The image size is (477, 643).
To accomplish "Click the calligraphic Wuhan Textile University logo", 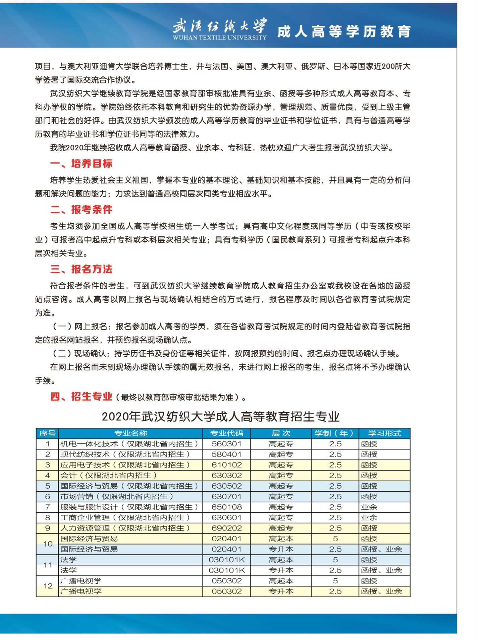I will coord(220,28).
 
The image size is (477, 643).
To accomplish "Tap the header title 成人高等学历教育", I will coord(344,31).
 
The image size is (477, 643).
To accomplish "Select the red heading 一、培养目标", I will coord(81,163).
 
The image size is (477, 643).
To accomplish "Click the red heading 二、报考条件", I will coord(81,210).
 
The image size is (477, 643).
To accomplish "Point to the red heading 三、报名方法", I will coord(81,269).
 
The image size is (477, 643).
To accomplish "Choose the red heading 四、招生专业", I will coord(81,397).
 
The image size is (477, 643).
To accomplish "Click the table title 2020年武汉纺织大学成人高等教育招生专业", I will coord(220,417).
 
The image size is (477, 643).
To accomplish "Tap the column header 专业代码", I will coord(226,433).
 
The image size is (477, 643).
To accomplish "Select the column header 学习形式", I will coord(384,433).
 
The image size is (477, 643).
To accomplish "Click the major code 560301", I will coord(226,444).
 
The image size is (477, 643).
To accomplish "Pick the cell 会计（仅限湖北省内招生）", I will coord(108,476).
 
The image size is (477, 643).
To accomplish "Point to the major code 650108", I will coord(226,507).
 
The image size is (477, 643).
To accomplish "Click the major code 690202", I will coord(226,528).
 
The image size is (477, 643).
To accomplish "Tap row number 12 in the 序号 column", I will coord(48,586).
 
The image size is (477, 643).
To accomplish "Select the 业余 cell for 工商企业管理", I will coord(369,518).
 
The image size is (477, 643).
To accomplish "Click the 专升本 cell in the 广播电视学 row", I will coord(281,591).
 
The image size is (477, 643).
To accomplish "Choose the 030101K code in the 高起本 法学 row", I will coord(226,560).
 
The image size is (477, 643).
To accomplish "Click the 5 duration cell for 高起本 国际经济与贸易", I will coord(335,539).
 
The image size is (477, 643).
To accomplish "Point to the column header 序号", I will coord(47,433).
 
